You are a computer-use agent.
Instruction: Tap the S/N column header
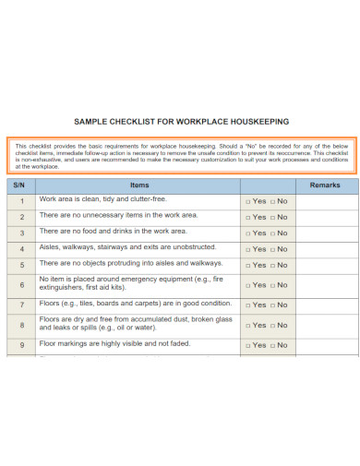[20, 185]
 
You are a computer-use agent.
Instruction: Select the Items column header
[139, 185]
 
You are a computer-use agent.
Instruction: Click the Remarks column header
[324, 185]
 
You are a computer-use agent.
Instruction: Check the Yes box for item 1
[247, 201]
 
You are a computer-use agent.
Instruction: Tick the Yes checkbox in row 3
[247, 233]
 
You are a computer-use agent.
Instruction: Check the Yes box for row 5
[247, 266]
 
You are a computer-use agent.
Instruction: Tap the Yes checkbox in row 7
[247, 305]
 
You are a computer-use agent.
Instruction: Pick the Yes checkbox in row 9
[247, 346]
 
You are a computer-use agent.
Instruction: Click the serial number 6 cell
[20, 285]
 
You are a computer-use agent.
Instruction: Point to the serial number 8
[20, 326]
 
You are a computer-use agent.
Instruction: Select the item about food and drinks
[114, 231]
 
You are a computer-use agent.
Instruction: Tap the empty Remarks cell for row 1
[324, 201]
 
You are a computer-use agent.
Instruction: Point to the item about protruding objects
[125, 263]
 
